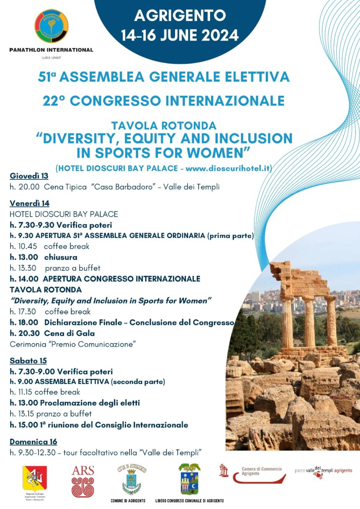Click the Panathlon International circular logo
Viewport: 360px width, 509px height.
51,26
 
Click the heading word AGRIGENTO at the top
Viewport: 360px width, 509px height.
180,16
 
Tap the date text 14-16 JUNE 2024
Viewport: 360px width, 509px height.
180,35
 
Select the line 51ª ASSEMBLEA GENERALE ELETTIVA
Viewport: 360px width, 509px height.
164,77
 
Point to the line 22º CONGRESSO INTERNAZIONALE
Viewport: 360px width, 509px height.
164,101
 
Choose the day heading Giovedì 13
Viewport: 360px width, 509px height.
29,176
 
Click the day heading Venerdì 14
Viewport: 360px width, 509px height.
30,203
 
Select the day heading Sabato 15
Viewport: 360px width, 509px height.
28,361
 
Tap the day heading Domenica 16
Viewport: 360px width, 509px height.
33,442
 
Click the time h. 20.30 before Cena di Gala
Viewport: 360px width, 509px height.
24,333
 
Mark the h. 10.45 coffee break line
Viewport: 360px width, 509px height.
50,246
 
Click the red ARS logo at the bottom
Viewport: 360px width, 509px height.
83,481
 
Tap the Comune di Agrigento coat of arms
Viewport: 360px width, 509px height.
131,480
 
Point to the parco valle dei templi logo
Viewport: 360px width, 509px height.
323,472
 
